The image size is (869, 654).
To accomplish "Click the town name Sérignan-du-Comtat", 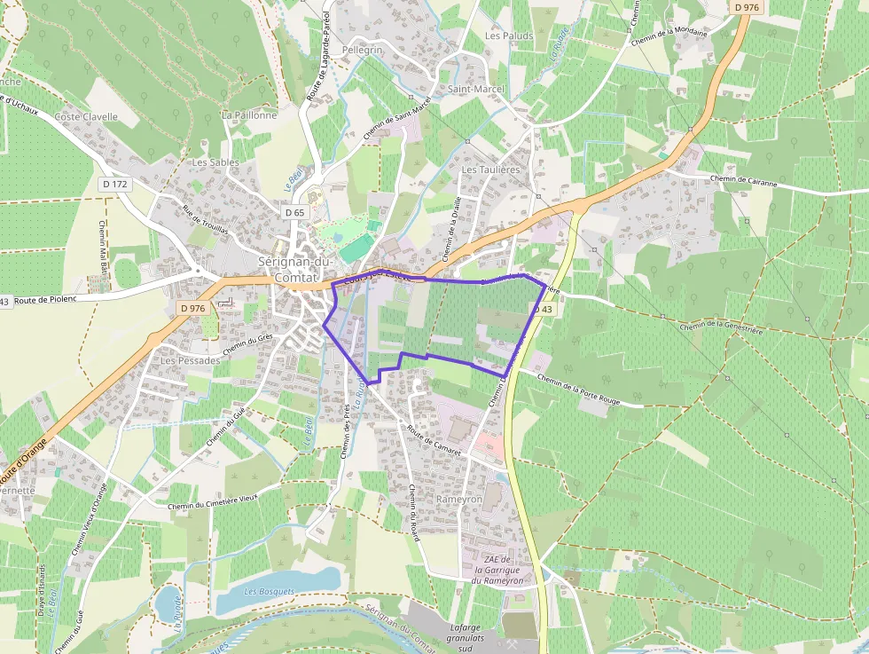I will (x=294, y=269).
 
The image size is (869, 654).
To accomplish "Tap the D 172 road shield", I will (x=115, y=185).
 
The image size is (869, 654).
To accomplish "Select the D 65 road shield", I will (x=295, y=213).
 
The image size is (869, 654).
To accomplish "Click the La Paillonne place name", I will (x=250, y=115).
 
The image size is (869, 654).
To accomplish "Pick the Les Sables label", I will (x=216, y=162).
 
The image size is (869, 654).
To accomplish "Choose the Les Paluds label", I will (x=510, y=36).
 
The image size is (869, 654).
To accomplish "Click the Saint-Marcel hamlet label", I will (x=476, y=90).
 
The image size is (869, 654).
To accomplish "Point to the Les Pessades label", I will (x=191, y=362).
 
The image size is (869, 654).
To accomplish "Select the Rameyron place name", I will (x=458, y=500).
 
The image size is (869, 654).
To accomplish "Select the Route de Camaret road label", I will (x=435, y=441).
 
